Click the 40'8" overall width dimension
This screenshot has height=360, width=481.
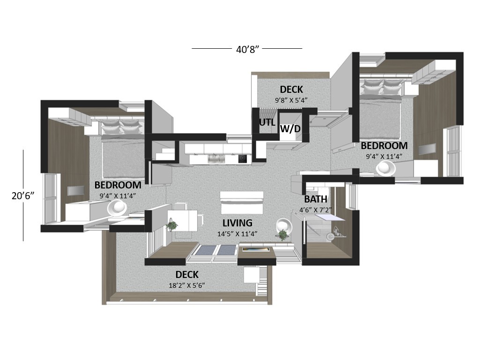(x=247, y=49)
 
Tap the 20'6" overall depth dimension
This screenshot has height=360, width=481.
(x=22, y=195)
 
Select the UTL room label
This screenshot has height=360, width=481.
(x=267, y=122)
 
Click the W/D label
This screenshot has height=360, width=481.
(x=290, y=129)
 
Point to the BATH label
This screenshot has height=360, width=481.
(x=315, y=199)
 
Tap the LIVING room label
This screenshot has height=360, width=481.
(x=237, y=223)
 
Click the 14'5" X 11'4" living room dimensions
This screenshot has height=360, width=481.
(x=237, y=234)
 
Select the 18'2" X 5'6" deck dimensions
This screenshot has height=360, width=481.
(x=187, y=285)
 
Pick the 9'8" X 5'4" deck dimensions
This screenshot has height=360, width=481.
(x=291, y=100)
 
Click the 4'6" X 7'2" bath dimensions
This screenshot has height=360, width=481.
(x=315, y=210)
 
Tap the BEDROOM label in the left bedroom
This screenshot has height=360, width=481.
(x=118, y=185)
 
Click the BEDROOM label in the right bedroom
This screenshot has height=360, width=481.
(x=384, y=145)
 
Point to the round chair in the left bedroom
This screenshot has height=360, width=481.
(x=117, y=208)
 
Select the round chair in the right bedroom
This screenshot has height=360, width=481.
(x=385, y=168)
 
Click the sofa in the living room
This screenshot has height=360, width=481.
(x=242, y=203)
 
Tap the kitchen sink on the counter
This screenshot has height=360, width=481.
(x=216, y=158)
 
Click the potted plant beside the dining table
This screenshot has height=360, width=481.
(x=172, y=225)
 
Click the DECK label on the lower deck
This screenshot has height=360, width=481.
(x=187, y=274)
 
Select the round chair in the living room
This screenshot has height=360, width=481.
(x=284, y=226)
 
